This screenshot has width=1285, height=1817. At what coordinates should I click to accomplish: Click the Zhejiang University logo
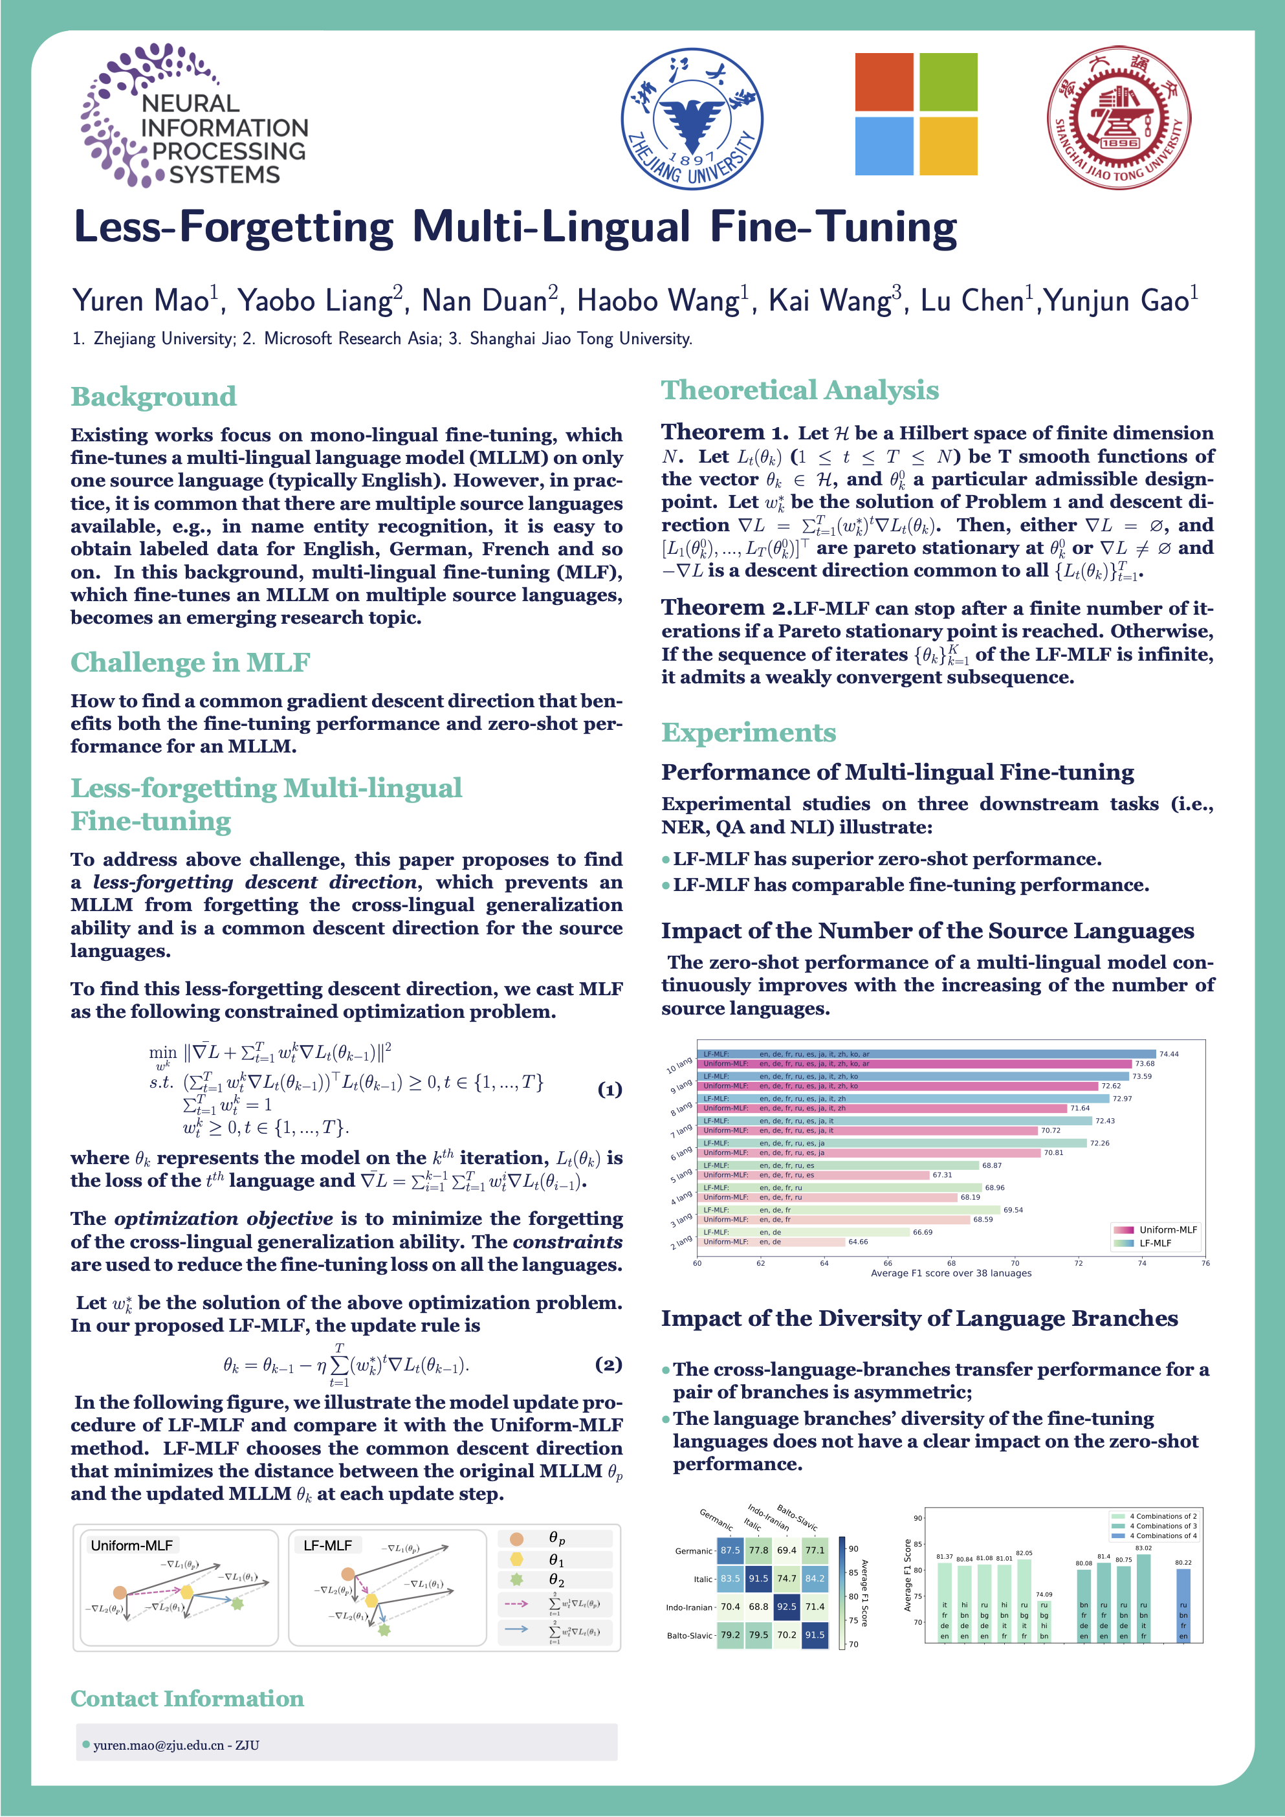692,118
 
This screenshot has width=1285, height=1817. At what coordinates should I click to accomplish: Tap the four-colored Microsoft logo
916,114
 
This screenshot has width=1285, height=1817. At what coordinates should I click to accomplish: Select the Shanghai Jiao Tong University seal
1119,117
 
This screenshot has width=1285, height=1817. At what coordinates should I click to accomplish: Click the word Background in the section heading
153,397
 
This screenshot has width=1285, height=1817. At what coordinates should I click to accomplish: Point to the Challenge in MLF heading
190,663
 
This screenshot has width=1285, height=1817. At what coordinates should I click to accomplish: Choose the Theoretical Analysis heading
800,390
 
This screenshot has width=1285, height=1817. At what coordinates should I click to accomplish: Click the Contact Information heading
187,1699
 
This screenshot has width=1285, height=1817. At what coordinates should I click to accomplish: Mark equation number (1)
610,1090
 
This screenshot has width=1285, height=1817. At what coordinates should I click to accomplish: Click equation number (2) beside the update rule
608,1363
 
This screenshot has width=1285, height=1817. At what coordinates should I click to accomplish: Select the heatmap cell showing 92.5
787,1607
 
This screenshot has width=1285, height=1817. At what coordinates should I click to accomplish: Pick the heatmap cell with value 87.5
730,1550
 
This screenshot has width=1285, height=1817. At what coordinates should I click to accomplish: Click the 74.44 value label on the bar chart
1169,1054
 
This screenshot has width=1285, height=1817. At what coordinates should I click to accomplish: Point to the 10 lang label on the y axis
679,1065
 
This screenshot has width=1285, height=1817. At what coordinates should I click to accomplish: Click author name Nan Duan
484,302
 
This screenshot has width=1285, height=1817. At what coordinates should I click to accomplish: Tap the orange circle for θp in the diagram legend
517,1539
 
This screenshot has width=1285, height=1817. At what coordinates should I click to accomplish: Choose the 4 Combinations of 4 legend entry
1162,1536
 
